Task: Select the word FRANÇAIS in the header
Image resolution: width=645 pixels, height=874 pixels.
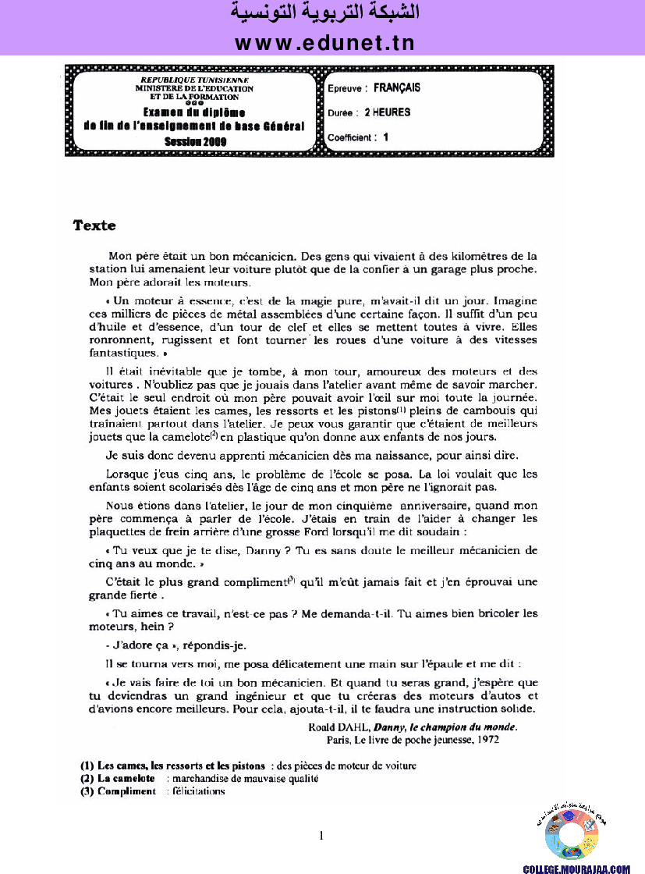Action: click(x=397, y=88)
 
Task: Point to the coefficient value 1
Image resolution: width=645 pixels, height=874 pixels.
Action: click(x=385, y=137)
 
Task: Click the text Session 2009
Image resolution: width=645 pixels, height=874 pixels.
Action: click(x=195, y=141)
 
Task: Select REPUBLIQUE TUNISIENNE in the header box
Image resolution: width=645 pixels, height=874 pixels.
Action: click(x=194, y=80)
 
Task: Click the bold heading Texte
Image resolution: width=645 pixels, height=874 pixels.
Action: click(x=94, y=226)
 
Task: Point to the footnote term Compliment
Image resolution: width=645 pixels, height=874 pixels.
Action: click(x=126, y=791)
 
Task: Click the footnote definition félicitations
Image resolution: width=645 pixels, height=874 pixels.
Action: click(x=199, y=791)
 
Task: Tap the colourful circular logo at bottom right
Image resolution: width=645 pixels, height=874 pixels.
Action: click(x=571, y=836)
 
